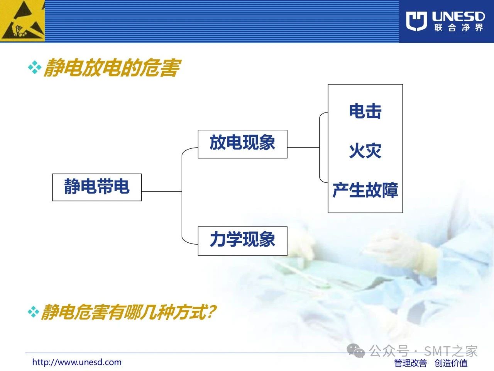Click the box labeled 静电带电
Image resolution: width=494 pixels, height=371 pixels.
97,187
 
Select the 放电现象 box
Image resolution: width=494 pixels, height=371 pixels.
242,144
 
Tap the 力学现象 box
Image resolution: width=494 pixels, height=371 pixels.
242,241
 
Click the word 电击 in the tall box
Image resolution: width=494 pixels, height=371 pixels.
365,111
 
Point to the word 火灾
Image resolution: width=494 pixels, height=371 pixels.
365,151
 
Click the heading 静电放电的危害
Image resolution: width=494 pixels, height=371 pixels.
112,68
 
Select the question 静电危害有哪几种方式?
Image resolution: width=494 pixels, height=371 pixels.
128,312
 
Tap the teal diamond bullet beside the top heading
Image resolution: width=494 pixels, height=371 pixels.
35,67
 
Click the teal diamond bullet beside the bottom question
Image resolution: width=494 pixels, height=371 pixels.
34,312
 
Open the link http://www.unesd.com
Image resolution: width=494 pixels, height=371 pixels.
77,362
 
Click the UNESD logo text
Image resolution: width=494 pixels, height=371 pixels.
458,17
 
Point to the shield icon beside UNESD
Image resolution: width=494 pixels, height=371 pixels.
416,21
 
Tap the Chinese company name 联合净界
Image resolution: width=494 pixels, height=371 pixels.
458,28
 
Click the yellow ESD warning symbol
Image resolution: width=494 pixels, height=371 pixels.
22,21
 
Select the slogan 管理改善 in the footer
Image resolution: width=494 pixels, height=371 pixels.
411,363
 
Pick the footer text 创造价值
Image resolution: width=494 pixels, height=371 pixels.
451,363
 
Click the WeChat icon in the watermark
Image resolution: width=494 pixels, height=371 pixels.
355,351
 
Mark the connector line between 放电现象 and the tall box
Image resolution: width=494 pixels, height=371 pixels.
304,148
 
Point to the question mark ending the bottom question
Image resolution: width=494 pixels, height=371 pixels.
212,312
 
